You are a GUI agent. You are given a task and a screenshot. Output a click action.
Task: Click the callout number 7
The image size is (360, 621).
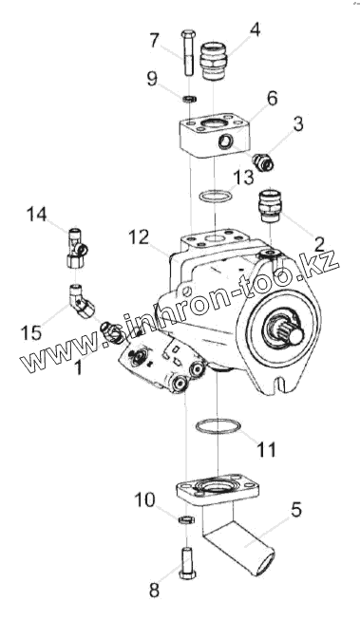(155, 40)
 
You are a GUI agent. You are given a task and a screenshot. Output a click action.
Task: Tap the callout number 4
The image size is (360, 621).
(256, 30)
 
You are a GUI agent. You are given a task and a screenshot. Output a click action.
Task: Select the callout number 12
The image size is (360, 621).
(139, 237)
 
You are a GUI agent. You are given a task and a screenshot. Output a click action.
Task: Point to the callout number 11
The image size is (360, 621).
(266, 449)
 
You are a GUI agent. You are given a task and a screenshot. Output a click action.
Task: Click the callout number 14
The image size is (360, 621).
(36, 215)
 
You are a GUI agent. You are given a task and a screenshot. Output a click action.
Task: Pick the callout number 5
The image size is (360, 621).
(295, 510)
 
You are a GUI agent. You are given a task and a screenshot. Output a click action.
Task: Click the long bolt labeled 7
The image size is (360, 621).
(187, 52)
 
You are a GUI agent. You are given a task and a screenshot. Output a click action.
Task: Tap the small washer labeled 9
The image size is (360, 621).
(190, 98)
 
